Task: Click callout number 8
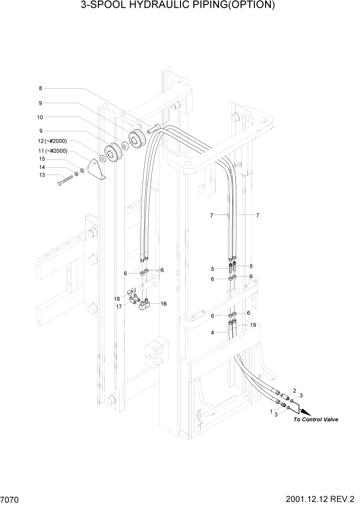[41, 87]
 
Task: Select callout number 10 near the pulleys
[41, 117]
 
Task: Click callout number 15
[43, 159]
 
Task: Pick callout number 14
[43, 167]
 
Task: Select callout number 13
[43, 175]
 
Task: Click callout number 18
[117, 299]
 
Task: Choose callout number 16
[164, 304]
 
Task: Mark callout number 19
[252, 325]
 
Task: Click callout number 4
[213, 333]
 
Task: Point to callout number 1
[271, 410]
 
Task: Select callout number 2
[295, 391]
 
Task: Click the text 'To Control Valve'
[315, 420]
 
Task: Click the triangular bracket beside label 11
[96, 169]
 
